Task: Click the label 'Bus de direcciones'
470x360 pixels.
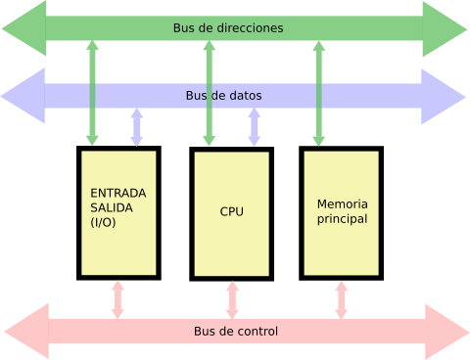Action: [x=227, y=28]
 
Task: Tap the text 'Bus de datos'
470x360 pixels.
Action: [x=223, y=96]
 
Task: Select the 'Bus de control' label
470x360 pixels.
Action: [x=235, y=332]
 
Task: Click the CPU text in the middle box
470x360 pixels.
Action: [x=232, y=212]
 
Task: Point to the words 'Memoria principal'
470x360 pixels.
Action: [x=342, y=211]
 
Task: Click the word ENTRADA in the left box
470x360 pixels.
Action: [x=118, y=193]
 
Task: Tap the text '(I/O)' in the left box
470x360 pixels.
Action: [x=103, y=223]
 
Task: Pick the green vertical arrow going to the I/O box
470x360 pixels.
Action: [x=92, y=93]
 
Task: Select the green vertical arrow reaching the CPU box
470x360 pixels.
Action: [x=209, y=93]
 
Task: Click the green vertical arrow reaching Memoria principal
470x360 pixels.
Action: [x=318, y=93]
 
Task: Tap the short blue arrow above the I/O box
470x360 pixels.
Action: [x=137, y=127]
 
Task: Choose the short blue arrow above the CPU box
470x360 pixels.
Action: [x=255, y=127]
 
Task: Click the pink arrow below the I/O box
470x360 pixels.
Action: [x=117, y=299]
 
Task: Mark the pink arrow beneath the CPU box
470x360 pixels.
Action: [x=232, y=299]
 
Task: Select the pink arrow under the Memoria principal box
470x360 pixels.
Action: [x=341, y=299]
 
